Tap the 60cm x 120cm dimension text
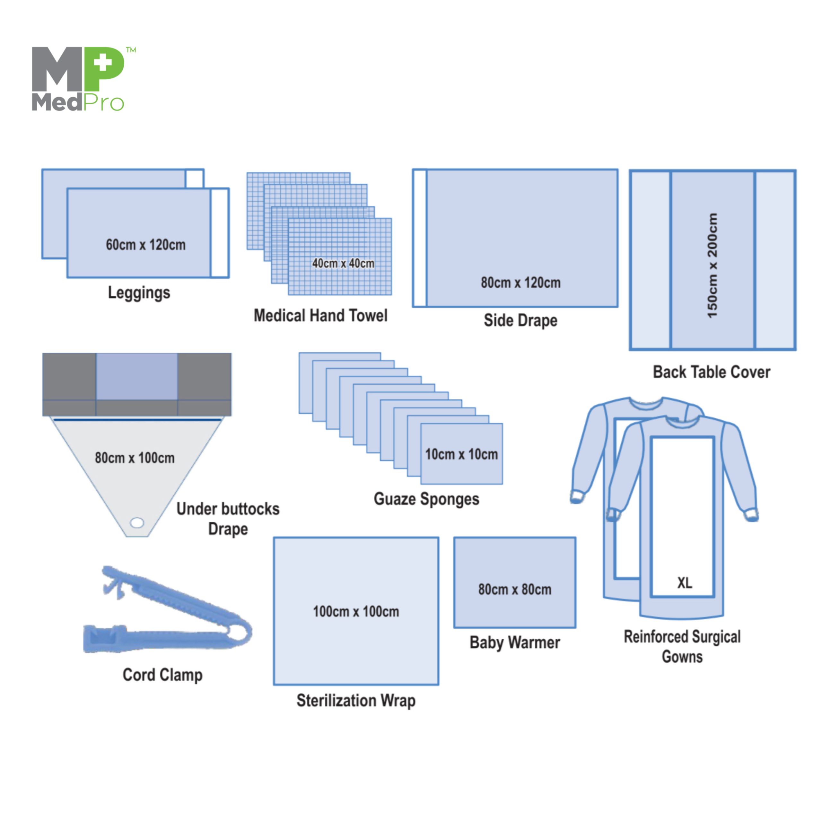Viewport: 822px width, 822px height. coord(145,245)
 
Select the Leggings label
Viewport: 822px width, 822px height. coord(139,293)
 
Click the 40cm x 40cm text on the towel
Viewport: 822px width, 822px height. coord(343,263)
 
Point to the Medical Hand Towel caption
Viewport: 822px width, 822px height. coord(320,316)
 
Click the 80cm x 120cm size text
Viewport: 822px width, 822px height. coord(520,283)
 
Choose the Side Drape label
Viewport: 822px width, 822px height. coord(520,320)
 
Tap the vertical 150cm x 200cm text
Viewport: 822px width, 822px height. coord(712,266)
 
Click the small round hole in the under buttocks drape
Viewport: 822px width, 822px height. coord(137,522)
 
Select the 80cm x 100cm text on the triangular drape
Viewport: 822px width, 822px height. coord(135,458)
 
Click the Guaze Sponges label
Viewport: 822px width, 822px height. coord(426,499)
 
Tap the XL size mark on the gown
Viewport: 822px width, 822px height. coord(685,582)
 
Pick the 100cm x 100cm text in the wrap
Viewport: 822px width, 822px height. coord(356,612)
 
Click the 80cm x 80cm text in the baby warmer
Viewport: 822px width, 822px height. coord(514,589)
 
